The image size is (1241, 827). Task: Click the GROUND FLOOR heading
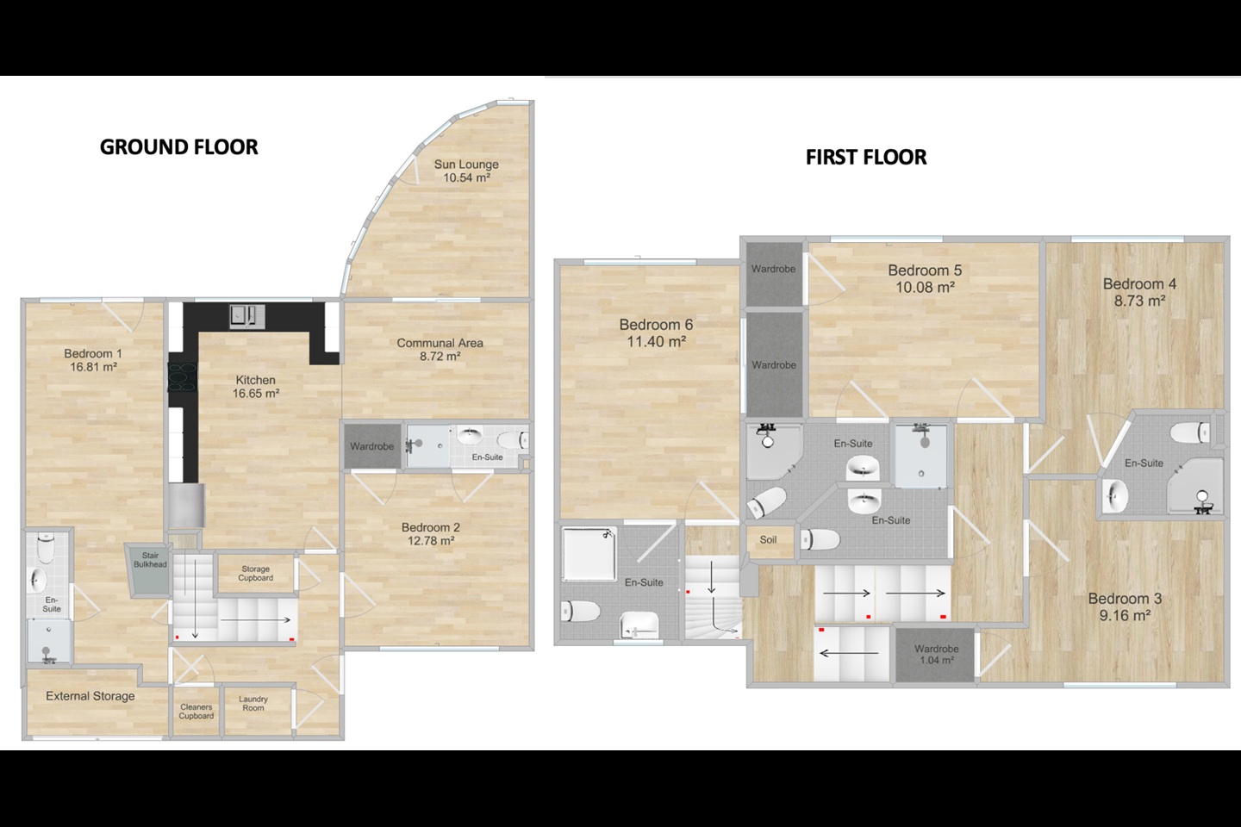point(179,147)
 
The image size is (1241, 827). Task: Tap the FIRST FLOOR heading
point(866,158)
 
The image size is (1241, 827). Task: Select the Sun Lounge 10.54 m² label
point(466,171)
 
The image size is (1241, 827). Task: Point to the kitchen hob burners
point(183,377)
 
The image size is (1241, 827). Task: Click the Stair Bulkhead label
point(150,559)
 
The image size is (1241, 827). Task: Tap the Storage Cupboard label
point(255,574)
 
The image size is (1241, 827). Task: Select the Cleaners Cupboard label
point(196,712)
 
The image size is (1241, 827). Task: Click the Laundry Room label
point(253,704)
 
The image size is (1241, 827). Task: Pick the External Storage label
point(90,696)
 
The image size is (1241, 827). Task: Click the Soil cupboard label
point(768,539)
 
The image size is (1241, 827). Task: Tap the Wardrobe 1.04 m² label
point(936,654)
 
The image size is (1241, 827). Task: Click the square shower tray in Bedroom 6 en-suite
point(589,554)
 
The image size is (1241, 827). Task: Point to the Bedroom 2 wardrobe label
point(371,446)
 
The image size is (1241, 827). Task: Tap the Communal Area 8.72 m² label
point(440,350)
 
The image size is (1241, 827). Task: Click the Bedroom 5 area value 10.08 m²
point(926,288)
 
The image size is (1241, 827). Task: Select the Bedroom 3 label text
point(1125,599)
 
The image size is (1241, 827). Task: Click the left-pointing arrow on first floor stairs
point(850,654)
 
